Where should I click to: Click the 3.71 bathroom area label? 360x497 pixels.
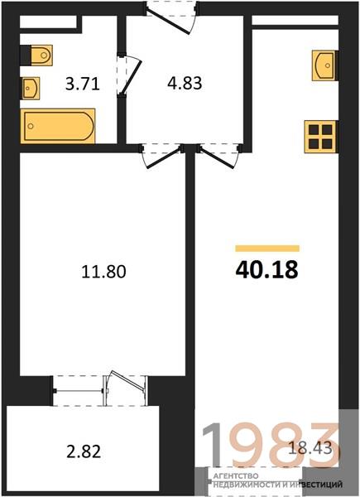[82, 84]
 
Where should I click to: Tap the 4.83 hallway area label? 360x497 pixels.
[185, 84]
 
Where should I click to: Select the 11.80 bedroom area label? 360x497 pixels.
[103, 272]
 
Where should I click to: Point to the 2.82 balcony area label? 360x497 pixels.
[84, 451]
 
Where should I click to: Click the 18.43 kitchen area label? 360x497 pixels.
[310, 448]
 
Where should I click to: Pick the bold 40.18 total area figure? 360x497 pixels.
[267, 270]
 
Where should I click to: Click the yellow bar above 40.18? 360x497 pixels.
[267, 248]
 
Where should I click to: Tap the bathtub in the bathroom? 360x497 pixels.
[58, 126]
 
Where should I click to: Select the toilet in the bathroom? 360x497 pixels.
[39, 55]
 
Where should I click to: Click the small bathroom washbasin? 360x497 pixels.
[31, 88]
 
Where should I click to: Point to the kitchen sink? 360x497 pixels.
[324, 65]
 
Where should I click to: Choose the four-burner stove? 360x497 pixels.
[320, 137]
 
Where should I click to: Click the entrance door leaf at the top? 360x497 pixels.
[169, 21]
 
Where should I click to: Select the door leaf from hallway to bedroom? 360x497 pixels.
[164, 157]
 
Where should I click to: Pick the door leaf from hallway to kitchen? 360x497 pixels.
[217, 157]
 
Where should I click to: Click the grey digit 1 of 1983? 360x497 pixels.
[212, 444]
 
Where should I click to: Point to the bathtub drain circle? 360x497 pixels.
[31, 126]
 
